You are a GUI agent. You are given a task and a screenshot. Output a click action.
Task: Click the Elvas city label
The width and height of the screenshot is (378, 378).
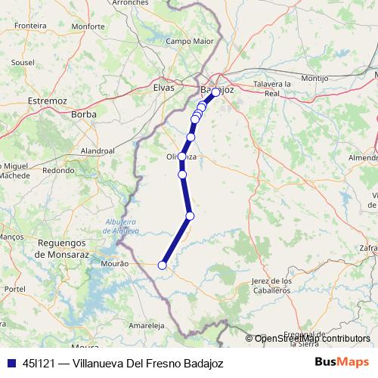pyautogui.click(x=164, y=88)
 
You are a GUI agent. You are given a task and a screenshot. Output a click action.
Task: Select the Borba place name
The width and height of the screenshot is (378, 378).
pyautogui.click(x=82, y=115)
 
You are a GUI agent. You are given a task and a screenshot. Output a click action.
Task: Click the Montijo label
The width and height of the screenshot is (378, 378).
pyautogui.click(x=314, y=78)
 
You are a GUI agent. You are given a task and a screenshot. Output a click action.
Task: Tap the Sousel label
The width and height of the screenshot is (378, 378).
pyautogui.click(x=23, y=62)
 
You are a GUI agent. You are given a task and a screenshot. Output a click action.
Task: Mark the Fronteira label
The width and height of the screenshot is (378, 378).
pyautogui.click(x=30, y=25)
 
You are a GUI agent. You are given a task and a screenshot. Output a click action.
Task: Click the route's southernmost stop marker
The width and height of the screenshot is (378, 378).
pyautogui.click(x=162, y=265)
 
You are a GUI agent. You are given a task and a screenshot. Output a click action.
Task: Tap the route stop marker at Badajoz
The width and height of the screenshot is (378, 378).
pyautogui.click(x=215, y=91)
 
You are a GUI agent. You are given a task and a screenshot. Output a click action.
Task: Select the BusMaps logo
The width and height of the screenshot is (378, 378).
pyautogui.click(x=342, y=363)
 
